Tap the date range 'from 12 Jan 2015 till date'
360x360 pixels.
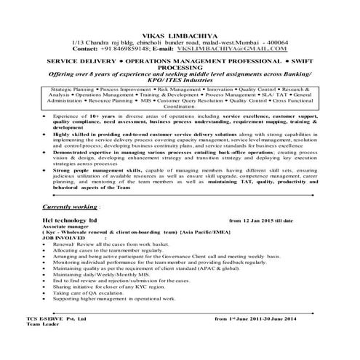260,219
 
